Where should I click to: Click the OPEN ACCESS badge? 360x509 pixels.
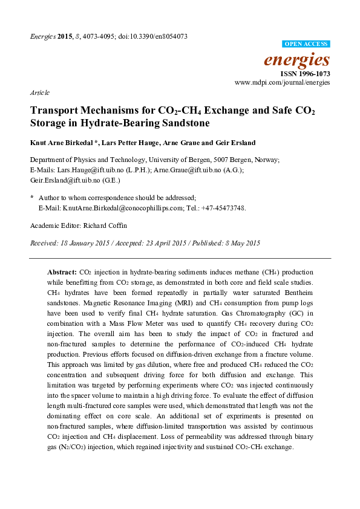(x=307, y=44)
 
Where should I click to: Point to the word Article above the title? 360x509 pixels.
(x=39, y=92)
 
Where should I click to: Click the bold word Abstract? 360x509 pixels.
(x=62, y=273)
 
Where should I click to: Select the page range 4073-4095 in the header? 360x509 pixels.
(x=91, y=36)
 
